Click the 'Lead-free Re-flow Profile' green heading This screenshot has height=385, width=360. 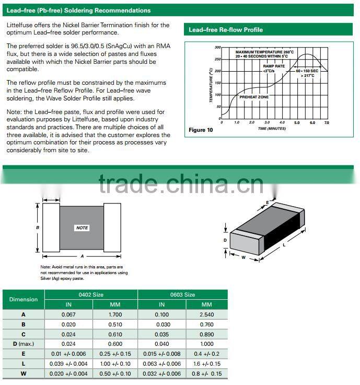tap(226, 30)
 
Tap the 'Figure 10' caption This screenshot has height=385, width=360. tap(201, 130)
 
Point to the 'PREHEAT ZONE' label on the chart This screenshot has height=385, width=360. tap(254, 97)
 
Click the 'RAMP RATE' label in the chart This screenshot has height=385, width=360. tap(274, 66)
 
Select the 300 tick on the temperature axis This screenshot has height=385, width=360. tap(218, 47)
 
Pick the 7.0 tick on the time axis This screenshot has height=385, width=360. tap(327, 122)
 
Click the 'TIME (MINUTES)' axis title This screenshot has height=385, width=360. tap(272, 129)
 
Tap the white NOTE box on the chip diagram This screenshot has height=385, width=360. tap(82, 228)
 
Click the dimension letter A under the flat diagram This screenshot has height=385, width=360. tap(82, 256)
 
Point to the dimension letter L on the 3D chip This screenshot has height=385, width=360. tap(284, 245)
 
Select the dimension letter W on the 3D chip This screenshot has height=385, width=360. tap(243, 257)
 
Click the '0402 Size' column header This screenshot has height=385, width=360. tap(91, 295)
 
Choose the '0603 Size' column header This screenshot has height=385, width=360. tap(182, 295)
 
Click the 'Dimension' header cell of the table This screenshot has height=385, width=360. tap(24, 299)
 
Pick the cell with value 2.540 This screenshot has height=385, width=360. tap(207, 314)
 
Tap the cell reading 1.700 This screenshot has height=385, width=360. tap(115, 314)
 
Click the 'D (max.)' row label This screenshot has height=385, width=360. tap(23, 344)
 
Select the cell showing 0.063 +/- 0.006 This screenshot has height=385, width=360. tap(162, 364)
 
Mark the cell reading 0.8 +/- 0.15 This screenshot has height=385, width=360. tap(207, 373)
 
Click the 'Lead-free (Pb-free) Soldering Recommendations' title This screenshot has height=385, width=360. tap(78, 10)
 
